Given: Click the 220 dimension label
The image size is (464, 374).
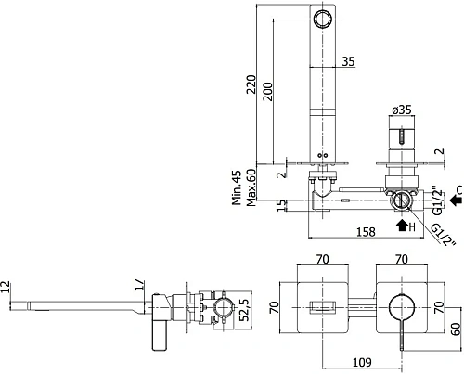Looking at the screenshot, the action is pos(251,84).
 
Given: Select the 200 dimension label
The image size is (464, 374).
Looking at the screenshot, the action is pos(268,92).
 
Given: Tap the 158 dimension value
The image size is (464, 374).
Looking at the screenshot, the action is pos(366,232).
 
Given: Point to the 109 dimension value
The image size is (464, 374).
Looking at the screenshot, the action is pos(362,362).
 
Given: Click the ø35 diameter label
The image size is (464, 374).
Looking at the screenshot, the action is pos(402,110).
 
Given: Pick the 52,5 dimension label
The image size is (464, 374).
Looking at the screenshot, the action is pos(244,310).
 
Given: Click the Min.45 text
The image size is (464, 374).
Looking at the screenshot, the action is pos(237,187).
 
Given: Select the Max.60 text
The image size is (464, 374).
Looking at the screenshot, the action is pos(251,187).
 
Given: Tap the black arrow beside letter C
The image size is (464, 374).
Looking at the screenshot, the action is pos(456,200).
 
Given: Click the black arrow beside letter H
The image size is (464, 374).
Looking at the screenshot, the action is pos(402,226).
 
